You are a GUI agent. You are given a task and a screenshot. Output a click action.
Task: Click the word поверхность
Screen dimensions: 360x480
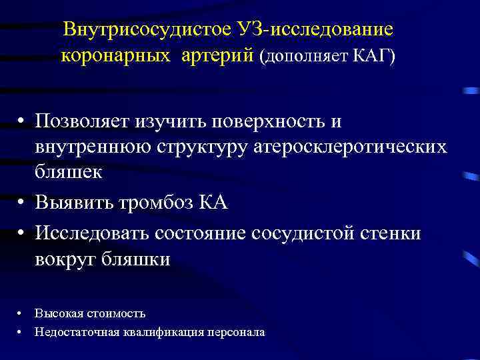coord(269,122)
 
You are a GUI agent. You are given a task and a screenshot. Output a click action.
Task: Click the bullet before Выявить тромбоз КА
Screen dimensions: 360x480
coord(22,203)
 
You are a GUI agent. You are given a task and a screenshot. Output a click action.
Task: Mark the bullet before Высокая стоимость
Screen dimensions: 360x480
coord(22,313)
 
